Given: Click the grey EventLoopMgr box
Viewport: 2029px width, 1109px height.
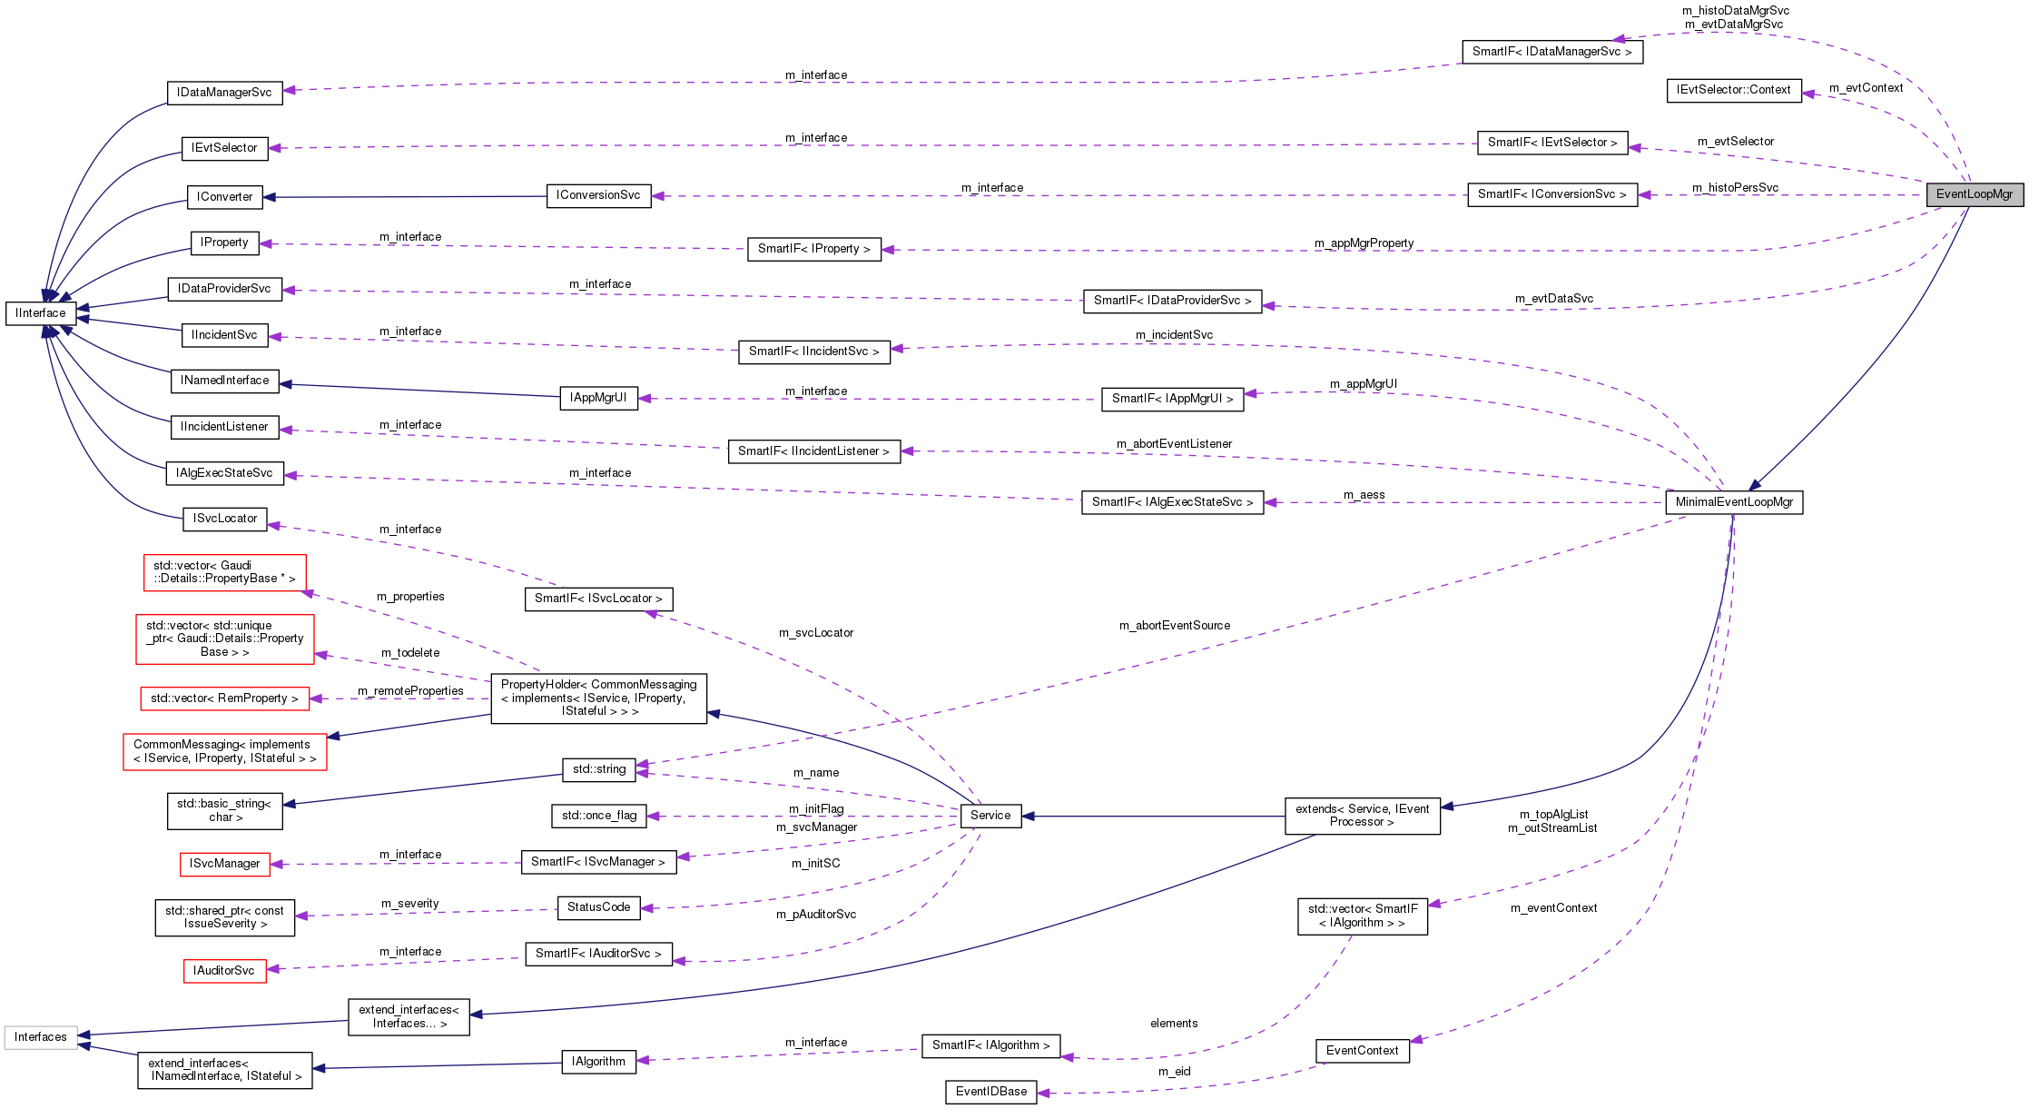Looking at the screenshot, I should point(1974,194).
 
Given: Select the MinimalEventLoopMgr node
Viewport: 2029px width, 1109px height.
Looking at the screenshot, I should point(1734,502).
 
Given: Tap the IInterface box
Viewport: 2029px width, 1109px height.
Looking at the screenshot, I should point(41,313).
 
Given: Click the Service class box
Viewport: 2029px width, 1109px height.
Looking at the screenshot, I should point(990,816).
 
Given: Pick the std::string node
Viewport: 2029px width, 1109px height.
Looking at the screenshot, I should point(599,769).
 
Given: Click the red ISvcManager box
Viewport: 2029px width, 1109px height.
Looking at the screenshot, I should point(225,864).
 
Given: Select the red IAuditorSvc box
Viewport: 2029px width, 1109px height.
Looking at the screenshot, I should point(224,971).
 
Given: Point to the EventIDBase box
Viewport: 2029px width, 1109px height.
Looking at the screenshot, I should point(991,1092).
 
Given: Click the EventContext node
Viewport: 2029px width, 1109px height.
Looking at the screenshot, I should point(1362,1051).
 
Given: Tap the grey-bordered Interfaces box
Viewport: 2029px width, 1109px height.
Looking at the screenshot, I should point(41,1037).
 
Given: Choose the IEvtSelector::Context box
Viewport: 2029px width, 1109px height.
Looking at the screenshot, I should point(1733,90).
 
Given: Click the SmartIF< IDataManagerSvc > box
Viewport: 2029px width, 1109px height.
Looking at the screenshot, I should point(1551,52).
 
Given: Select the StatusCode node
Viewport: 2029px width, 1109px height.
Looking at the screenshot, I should point(598,907).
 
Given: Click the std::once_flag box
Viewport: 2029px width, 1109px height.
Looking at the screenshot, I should point(599,816).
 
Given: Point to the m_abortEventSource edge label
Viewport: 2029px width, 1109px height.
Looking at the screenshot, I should point(1175,626).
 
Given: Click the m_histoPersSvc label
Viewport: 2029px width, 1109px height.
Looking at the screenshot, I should point(1735,188).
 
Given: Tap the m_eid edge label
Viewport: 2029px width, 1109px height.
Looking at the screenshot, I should point(1174,1072).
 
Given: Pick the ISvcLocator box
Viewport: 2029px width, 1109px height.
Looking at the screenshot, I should point(225,519).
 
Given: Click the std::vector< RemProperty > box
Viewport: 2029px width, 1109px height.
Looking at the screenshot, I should point(224,698).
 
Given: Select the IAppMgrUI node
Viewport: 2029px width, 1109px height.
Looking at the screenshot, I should point(598,398).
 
